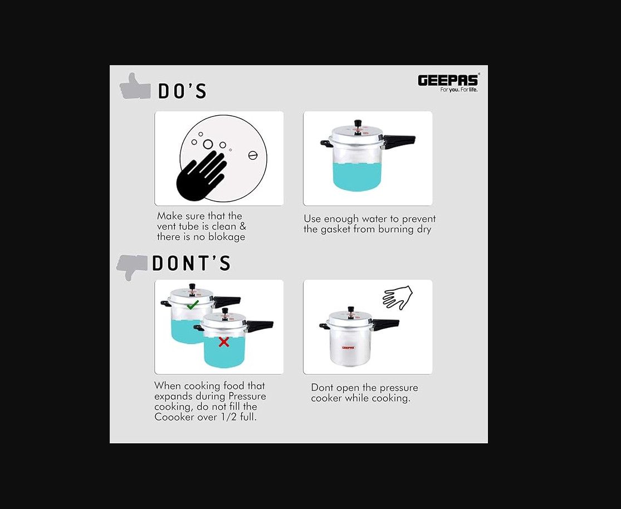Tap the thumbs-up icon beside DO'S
(x=135, y=86)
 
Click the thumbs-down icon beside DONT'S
(x=133, y=267)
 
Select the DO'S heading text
(x=182, y=91)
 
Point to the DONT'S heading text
(x=191, y=263)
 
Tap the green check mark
(x=193, y=305)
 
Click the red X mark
(x=224, y=342)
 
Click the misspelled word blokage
(x=227, y=237)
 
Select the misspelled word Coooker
(x=174, y=417)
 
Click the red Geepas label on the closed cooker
(x=349, y=348)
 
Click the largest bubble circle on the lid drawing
(x=208, y=144)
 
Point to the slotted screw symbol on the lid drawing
(x=253, y=155)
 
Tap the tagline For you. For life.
(x=459, y=90)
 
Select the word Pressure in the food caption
(x=247, y=396)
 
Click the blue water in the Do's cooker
(x=357, y=178)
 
